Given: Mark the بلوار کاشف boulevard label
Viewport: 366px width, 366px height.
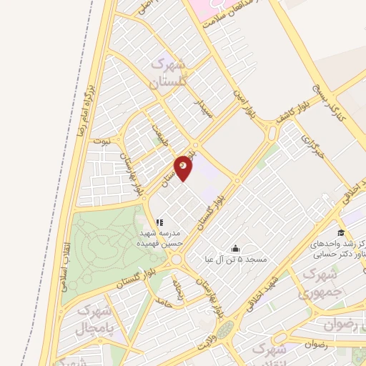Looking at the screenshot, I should click(x=293, y=112).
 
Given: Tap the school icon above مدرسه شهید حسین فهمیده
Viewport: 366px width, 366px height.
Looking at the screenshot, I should click(x=159, y=223).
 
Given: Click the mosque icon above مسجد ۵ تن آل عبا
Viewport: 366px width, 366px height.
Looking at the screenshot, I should click(x=235, y=247).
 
